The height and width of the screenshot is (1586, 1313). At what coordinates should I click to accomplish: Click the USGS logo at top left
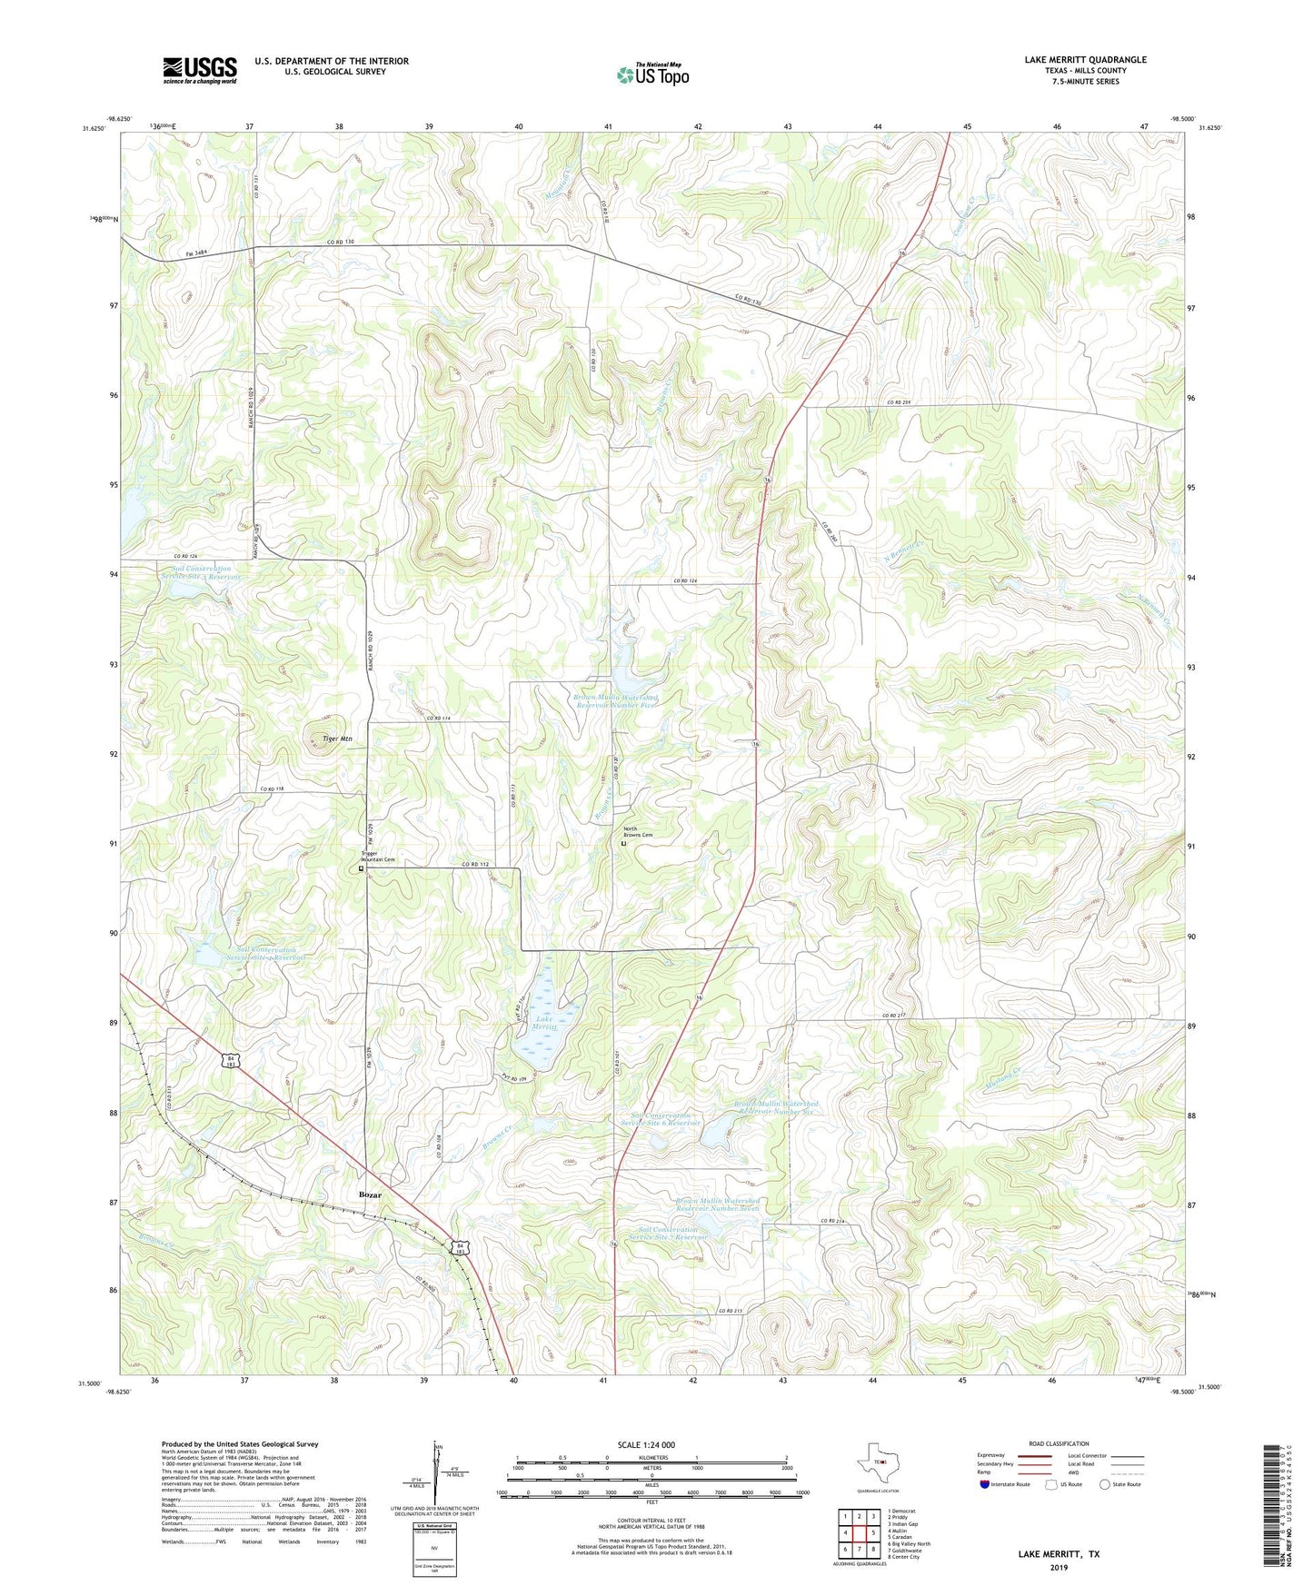[x=199, y=70]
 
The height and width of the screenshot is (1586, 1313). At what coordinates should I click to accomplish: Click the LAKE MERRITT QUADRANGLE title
[x=1085, y=60]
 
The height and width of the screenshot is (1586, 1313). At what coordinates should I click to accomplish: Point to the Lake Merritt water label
[x=543, y=1023]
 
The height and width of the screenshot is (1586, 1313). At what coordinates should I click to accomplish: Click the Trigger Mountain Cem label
[x=379, y=857]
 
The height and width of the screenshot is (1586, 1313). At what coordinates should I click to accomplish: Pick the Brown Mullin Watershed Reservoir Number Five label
[x=615, y=700]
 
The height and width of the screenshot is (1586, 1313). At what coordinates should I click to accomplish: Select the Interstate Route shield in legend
[x=985, y=1484]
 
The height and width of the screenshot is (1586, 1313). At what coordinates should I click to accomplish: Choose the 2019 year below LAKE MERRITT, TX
[x=1058, y=1567]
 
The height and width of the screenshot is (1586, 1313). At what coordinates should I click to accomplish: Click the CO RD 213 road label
[x=731, y=1311]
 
